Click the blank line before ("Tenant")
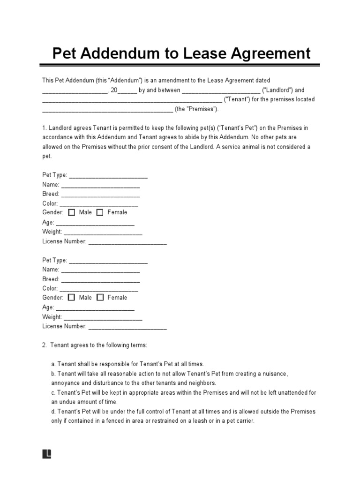132,100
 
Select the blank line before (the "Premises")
107,109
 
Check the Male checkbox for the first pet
72,212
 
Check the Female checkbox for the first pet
100,212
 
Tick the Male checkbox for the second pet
72,297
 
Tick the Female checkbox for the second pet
100,297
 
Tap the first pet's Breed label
51,194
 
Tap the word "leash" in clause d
204,421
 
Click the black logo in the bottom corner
46,454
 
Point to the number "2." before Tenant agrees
45,345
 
